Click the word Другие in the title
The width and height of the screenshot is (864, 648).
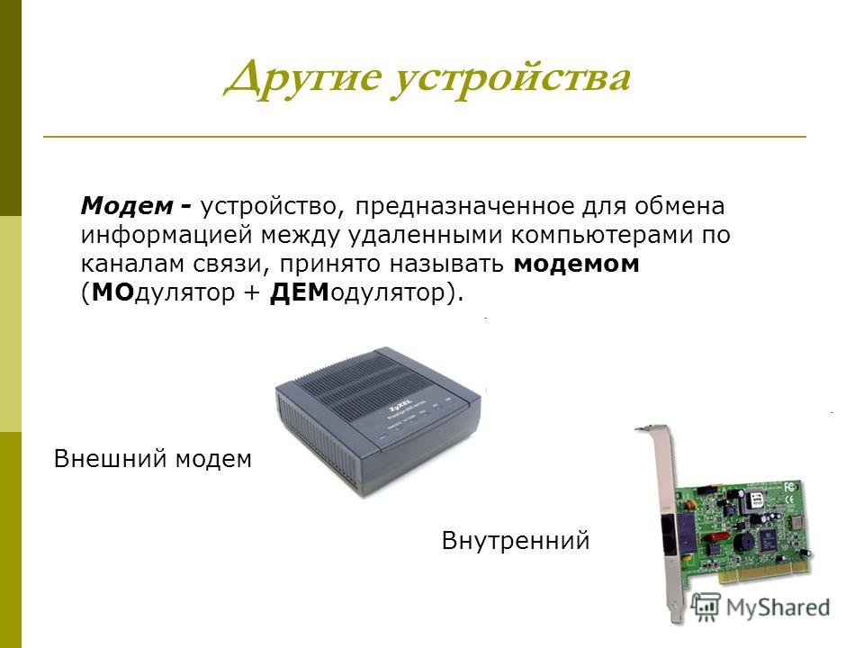tap(303, 79)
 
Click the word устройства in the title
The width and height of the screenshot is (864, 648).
tap(512, 80)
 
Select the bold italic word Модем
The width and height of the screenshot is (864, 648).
tap(127, 206)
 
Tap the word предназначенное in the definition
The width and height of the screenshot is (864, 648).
tap(464, 207)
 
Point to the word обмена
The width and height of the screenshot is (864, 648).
tap(679, 207)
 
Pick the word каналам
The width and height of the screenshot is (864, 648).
tap(133, 264)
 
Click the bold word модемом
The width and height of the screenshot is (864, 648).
tap(576, 264)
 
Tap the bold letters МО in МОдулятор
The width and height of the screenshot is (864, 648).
tap(113, 292)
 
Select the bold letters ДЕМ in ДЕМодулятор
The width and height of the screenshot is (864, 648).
tap(299, 292)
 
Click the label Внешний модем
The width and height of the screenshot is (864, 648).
tap(153, 458)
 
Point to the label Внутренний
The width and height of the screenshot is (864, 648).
tap(516, 541)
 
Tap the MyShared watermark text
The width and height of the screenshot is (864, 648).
tap(778, 607)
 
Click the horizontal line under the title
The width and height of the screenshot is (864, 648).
tap(424, 136)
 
